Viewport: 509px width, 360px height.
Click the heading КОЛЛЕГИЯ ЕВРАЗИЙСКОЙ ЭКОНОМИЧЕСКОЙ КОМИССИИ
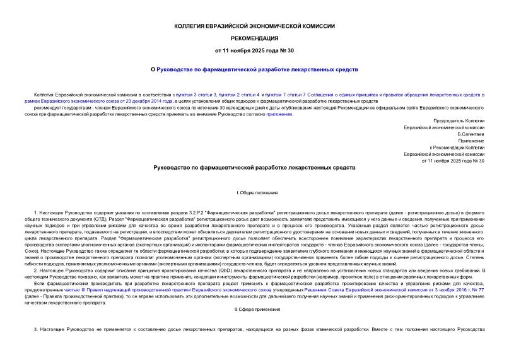[x=254, y=26]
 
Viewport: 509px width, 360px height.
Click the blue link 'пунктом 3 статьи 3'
[x=196, y=93]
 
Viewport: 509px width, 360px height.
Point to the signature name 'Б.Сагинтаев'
[x=471, y=134]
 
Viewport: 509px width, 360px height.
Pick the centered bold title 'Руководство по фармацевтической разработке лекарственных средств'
[x=254, y=168]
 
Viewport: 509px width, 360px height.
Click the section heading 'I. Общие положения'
[x=254, y=192]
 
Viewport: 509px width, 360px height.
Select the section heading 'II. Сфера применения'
[x=254, y=310]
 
